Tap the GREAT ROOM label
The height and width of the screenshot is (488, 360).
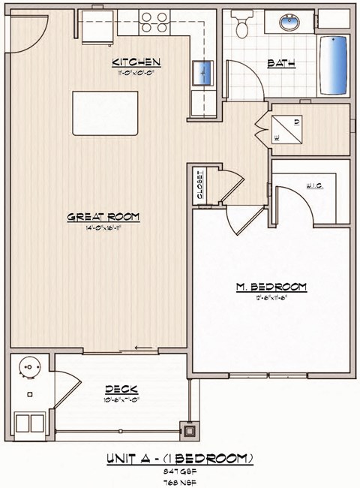tap(104, 217)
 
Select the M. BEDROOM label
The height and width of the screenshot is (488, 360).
tap(271, 286)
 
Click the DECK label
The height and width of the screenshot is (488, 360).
tap(120, 389)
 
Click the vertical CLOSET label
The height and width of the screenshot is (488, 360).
tap(200, 184)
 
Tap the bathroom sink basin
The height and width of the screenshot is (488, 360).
tap(289, 23)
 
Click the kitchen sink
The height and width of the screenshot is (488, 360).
tap(204, 74)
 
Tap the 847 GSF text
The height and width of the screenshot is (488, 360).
tap(180, 470)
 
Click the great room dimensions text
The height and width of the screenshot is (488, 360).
tap(104, 228)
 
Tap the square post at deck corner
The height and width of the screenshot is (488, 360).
tap(190, 431)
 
